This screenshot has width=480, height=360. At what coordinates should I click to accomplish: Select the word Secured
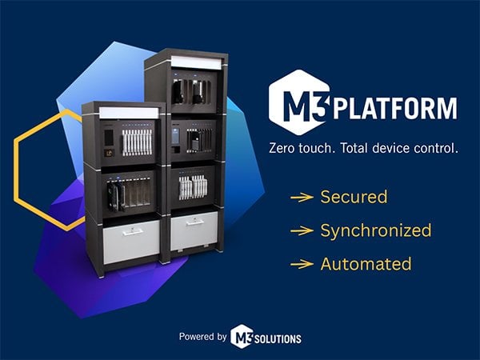pyautogui.click(x=354, y=197)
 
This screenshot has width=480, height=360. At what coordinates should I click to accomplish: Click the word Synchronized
pyautogui.click(x=375, y=230)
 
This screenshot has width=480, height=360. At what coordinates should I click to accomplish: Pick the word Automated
pyautogui.click(x=366, y=263)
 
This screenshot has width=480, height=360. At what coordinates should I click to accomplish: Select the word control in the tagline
pyautogui.click(x=438, y=149)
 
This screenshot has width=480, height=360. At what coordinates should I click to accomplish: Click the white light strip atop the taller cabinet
pyautogui.click(x=194, y=61)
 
